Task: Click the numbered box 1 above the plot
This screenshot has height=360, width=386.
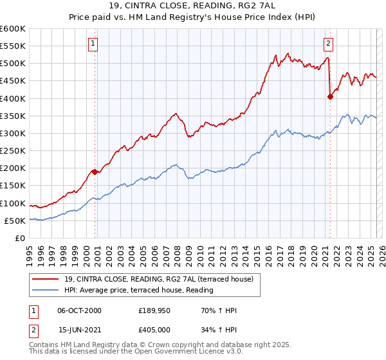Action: (93, 44)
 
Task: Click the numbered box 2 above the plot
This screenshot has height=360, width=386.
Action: (328, 44)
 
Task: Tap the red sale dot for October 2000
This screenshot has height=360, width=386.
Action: (95, 172)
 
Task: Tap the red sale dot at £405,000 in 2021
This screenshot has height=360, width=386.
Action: (330, 97)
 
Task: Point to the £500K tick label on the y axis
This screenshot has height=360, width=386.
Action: (13, 64)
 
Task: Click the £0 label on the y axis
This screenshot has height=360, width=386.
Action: (20, 239)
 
